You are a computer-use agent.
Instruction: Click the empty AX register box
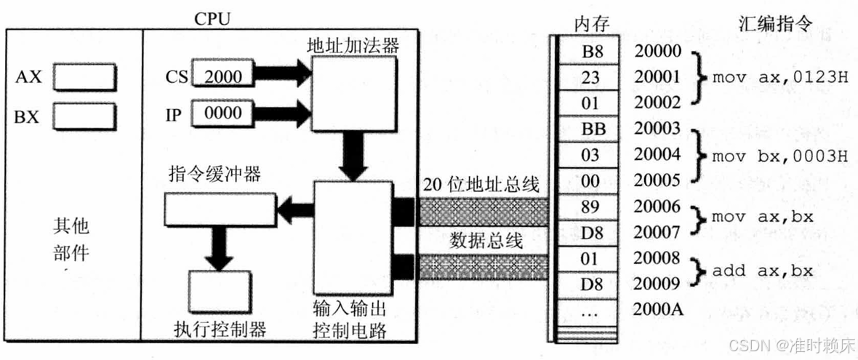[85, 76]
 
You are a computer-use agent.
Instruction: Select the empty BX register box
[85, 116]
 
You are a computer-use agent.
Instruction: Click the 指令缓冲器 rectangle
[220, 209]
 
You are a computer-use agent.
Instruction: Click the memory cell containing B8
[590, 51]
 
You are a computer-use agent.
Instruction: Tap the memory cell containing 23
[590, 77]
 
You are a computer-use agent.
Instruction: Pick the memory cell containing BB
[590, 129]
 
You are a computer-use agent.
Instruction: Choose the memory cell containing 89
[590, 207]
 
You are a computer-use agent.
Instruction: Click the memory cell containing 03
[590, 155]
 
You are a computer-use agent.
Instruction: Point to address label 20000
[657, 51]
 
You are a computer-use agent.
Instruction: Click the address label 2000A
[658, 309]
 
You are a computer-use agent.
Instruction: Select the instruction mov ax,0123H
[779, 77]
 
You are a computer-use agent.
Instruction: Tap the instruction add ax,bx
[761, 271]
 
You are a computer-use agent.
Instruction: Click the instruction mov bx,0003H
[779, 155]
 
